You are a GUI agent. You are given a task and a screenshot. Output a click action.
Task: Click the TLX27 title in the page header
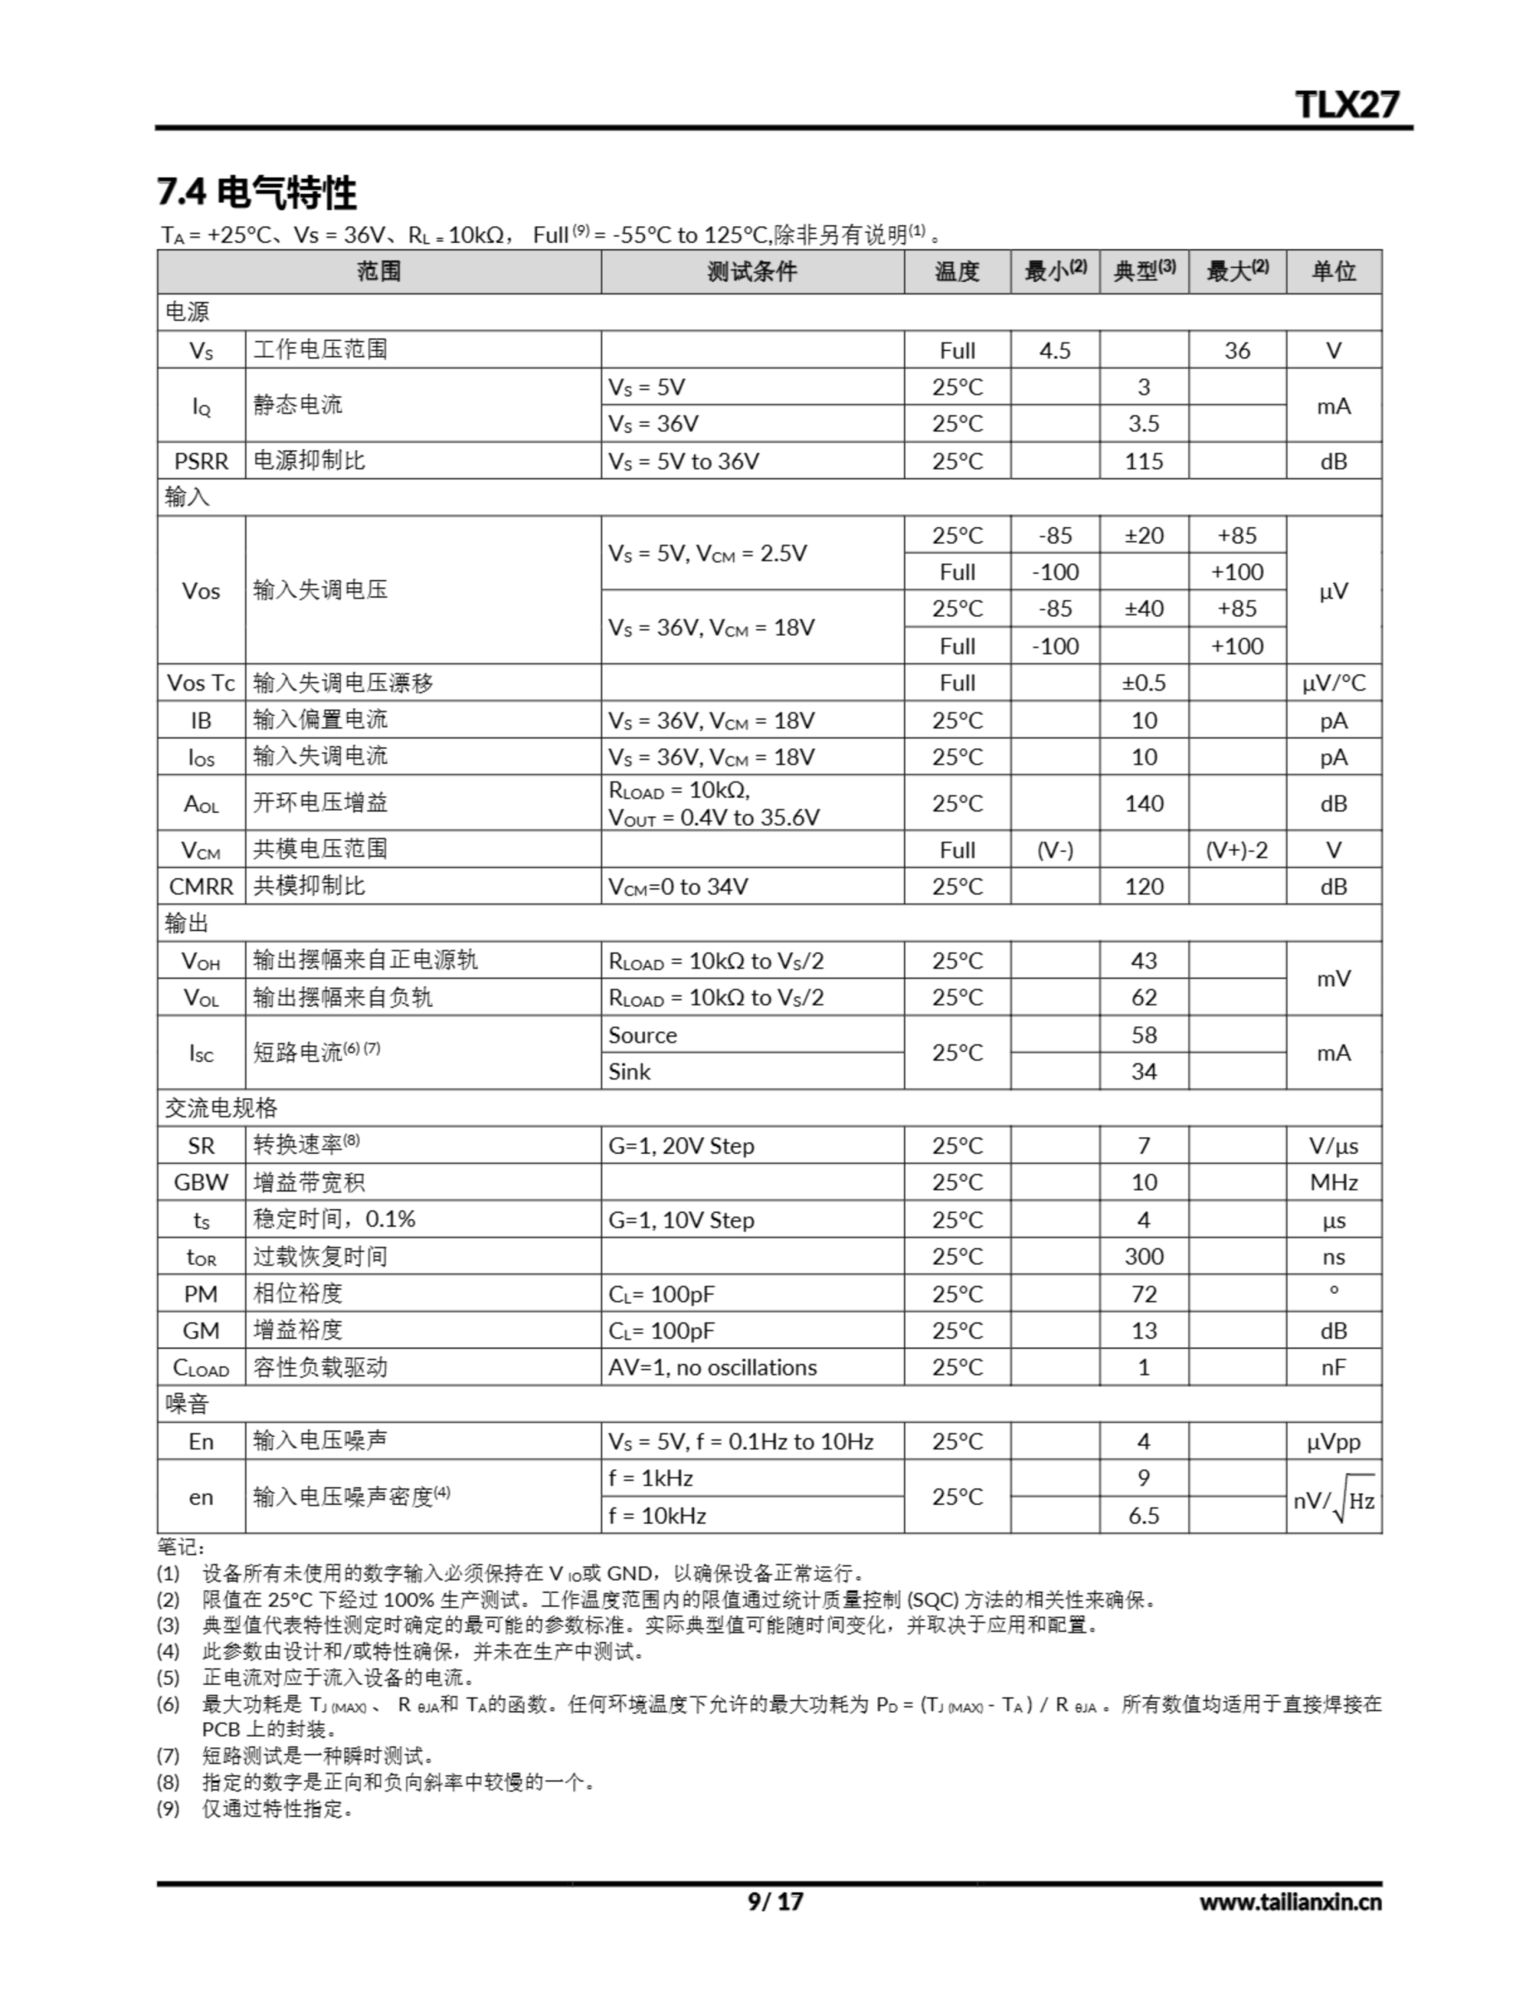point(1347,104)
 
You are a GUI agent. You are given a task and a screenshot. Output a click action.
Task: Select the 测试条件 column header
point(752,271)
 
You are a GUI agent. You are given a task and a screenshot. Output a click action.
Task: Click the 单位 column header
point(1333,271)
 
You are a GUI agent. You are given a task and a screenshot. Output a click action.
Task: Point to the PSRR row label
point(201,461)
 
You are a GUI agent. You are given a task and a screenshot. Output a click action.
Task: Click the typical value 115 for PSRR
point(1143,461)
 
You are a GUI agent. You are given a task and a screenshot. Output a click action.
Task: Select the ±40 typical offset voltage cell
point(1143,609)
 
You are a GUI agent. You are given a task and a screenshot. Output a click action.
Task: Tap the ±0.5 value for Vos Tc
point(1143,683)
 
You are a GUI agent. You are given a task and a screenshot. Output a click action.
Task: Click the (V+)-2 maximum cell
point(1236,849)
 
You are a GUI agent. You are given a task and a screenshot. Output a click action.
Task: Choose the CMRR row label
point(201,886)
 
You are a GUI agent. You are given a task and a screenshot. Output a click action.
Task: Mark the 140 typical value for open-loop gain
point(1143,803)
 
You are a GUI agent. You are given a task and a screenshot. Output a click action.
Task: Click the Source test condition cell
point(643,1035)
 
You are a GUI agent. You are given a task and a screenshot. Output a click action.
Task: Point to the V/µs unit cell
point(1333,1146)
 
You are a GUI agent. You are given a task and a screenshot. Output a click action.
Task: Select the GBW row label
point(201,1183)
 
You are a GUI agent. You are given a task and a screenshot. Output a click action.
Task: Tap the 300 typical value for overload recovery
point(1143,1257)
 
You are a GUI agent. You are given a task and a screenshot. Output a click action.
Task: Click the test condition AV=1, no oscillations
point(713,1367)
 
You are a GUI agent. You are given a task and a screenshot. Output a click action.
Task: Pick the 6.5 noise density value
point(1143,1516)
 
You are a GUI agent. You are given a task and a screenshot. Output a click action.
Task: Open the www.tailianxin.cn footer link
point(1290,1902)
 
